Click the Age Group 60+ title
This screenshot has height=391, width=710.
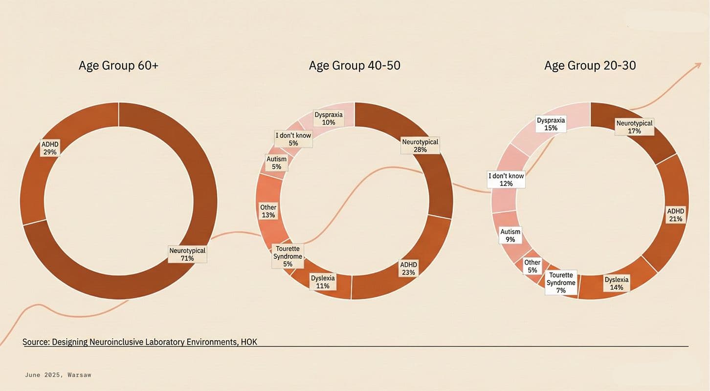118,65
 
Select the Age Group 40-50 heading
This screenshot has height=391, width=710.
355,65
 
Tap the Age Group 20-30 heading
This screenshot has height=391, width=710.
590,65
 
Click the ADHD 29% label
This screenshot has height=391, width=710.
50,148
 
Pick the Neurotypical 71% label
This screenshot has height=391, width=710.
187,254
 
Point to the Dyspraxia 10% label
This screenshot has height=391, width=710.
329,118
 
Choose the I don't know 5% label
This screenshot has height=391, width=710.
293,139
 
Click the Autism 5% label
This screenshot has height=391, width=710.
276,163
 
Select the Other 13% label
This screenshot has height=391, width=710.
268,211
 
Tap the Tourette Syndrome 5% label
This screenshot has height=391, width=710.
288,256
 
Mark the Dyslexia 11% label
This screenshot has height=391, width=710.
323,282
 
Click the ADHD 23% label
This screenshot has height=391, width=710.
409,268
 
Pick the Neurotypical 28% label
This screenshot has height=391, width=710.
421,145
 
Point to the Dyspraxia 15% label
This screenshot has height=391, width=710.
551,123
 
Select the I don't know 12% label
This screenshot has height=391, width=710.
506,179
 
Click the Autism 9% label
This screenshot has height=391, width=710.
510,235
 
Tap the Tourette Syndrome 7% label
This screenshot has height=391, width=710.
561,283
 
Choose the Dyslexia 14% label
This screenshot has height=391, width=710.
617,283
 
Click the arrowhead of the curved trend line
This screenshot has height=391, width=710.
698,65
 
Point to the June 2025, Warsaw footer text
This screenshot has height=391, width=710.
58,375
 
